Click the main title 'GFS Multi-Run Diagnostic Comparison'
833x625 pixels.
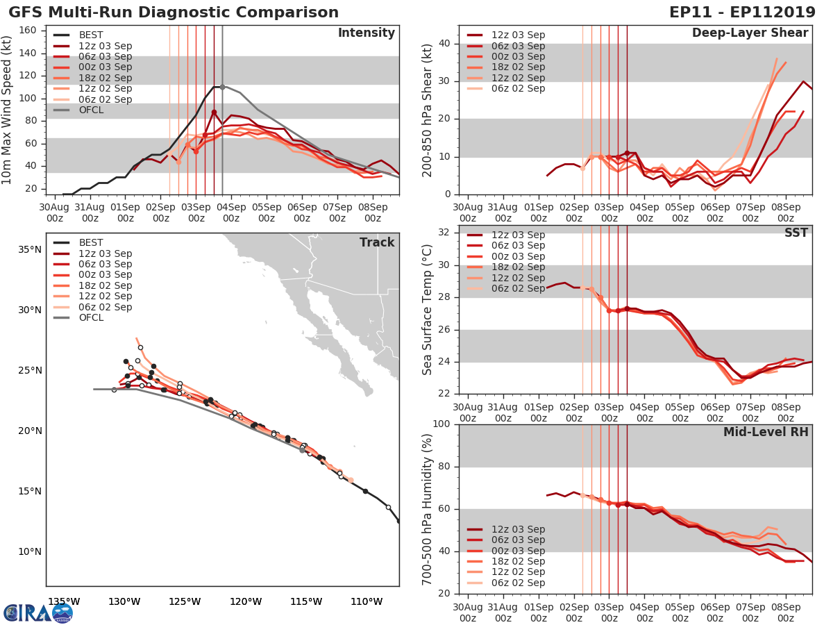click(x=174, y=12)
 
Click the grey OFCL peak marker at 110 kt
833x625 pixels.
click(x=222, y=87)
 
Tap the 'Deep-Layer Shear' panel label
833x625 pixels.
click(x=750, y=33)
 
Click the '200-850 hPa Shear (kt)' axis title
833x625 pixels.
click(x=428, y=110)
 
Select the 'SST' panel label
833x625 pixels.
click(x=796, y=233)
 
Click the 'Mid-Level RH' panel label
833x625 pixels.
click(x=766, y=432)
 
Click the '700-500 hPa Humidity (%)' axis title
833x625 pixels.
click(x=428, y=508)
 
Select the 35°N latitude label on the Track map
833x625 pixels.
click(x=28, y=249)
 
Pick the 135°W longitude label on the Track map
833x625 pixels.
click(x=63, y=601)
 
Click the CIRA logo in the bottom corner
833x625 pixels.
click(x=37, y=612)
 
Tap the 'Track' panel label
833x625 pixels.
click(x=377, y=242)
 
